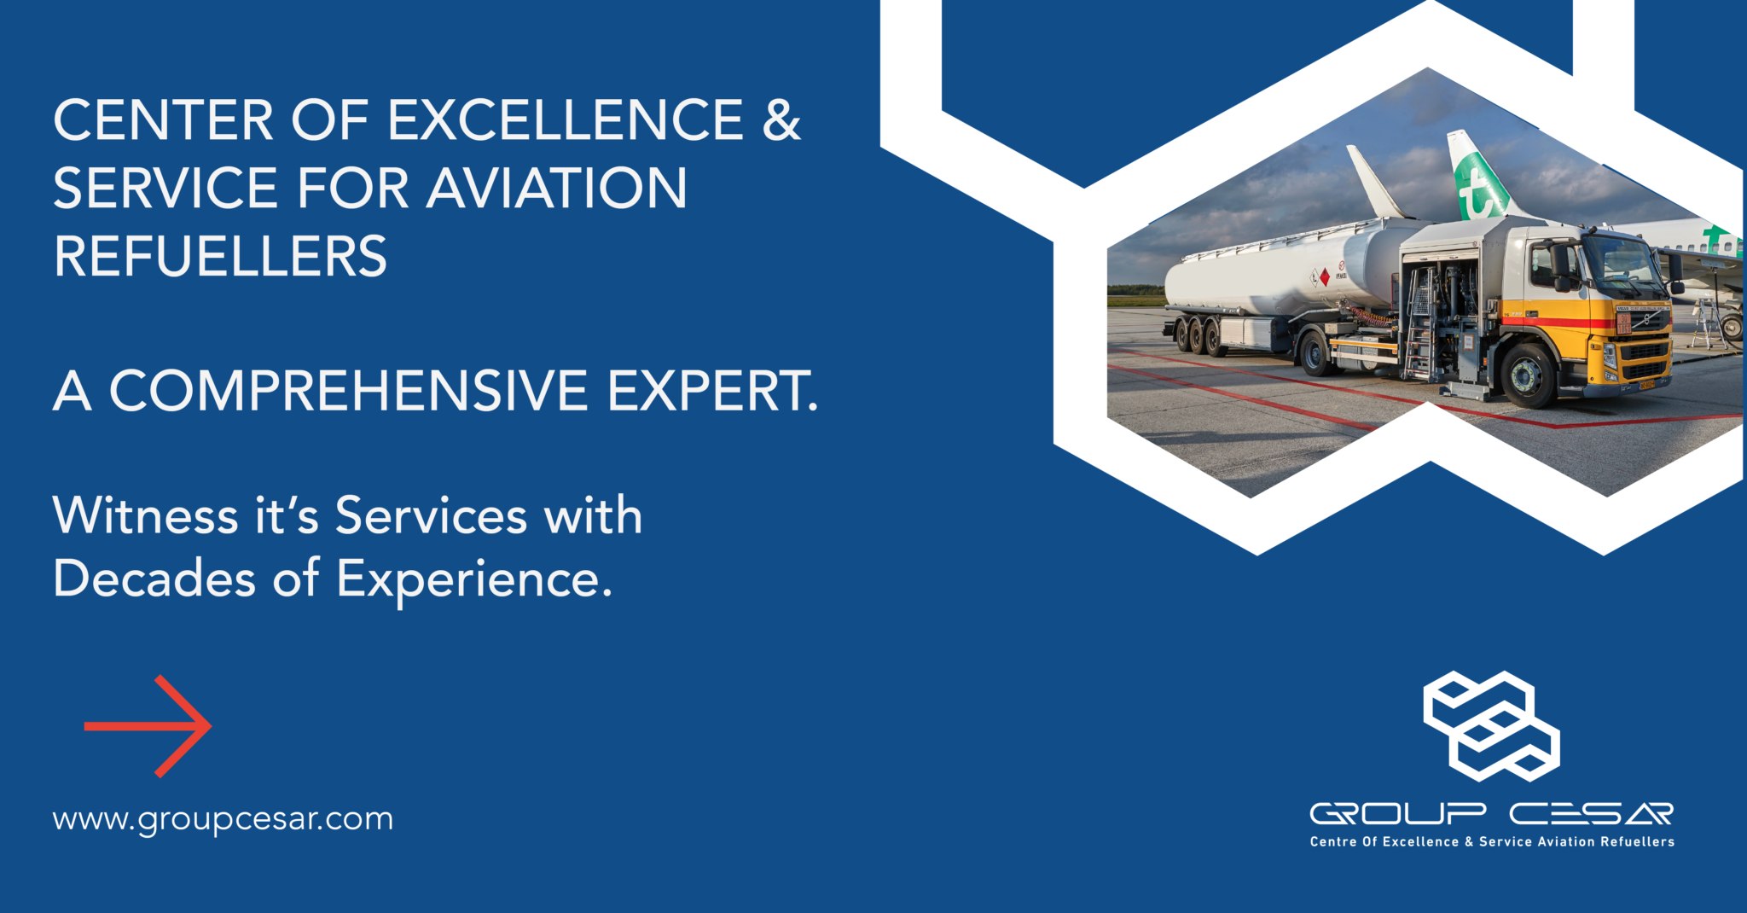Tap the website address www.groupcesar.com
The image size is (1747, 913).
223,819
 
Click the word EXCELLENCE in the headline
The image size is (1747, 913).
566,120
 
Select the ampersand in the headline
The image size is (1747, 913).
781,120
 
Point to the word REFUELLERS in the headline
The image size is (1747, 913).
220,257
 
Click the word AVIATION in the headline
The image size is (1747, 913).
556,189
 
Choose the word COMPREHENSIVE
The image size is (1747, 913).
348,392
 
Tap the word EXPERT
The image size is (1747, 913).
711,392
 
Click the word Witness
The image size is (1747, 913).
145,516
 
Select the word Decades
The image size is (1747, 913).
154,579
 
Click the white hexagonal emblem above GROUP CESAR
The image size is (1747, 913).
1490,726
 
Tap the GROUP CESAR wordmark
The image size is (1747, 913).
1491,814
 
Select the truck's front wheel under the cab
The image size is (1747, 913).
1526,375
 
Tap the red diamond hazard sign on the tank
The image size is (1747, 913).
1324,277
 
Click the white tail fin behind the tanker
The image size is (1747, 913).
1373,183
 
